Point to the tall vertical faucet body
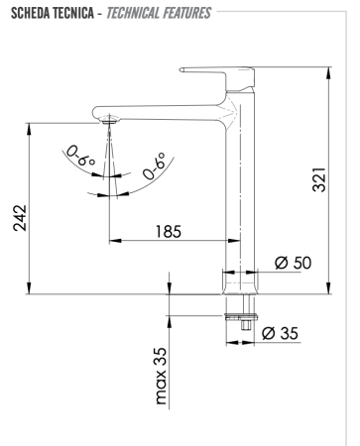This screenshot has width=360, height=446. coord(235,188)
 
